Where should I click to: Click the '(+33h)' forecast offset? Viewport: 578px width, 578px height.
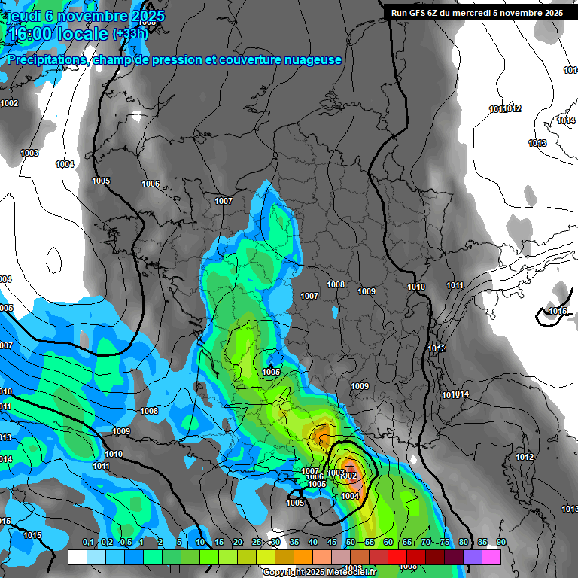point(130,34)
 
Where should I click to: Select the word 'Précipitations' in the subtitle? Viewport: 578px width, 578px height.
point(47,60)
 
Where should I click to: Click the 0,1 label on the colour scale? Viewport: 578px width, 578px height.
point(88,543)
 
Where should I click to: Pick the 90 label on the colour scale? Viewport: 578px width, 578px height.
point(501,543)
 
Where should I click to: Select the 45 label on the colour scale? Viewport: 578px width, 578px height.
point(332,543)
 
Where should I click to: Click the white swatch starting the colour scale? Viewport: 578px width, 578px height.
point(77,557)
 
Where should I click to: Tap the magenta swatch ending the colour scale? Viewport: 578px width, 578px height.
point(491,557)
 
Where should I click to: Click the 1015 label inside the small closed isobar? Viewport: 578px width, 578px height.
point(558,312)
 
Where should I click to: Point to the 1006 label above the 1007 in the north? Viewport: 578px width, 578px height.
point(151,184)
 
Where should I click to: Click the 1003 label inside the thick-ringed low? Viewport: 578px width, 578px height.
point(336,473)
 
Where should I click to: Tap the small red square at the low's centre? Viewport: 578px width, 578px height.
point(349,469)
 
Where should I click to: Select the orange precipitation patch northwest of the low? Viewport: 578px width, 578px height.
point(322,435)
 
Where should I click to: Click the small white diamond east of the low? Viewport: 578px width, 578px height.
point(413,460)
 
